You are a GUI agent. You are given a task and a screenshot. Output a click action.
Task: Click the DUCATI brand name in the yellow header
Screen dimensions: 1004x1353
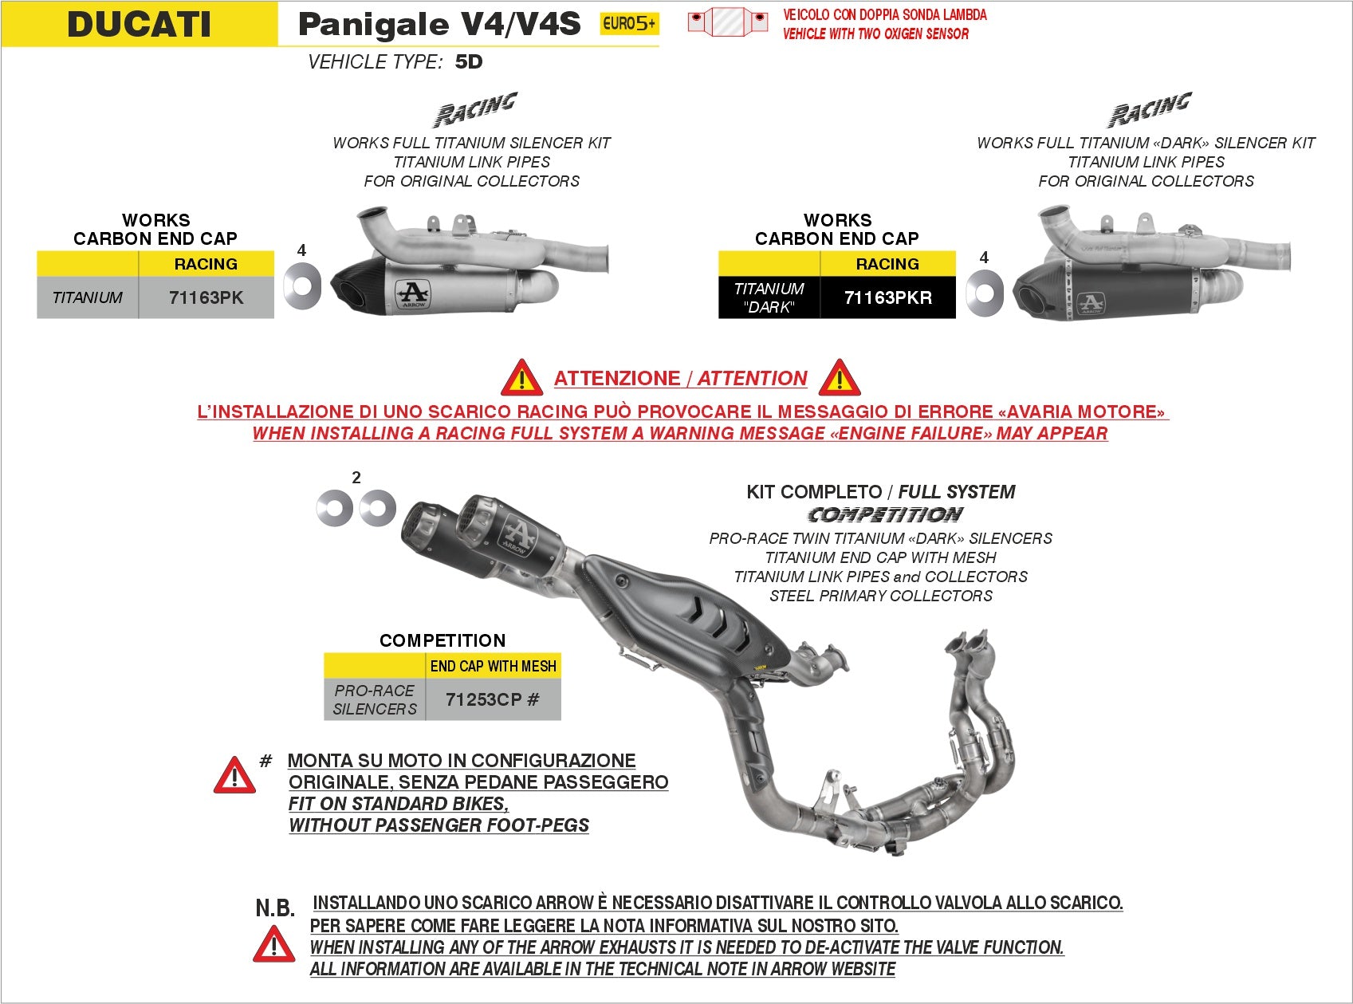coord(140,24)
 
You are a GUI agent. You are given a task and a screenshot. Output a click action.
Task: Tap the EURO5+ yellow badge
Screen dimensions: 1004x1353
coord(629,24)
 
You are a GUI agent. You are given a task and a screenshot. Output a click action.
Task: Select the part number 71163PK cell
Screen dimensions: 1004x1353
coord(206,297)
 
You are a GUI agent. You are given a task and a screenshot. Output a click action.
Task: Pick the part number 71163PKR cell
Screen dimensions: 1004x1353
coord(887,297)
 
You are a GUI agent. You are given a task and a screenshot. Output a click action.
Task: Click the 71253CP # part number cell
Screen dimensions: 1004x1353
coord(493,699)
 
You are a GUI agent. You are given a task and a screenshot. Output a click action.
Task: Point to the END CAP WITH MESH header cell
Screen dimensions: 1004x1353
coord(493,666)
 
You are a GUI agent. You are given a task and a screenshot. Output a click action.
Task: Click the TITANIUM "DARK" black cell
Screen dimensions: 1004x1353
coord(769,297)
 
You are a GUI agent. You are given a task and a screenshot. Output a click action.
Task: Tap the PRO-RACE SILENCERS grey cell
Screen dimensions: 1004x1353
coord(375,699)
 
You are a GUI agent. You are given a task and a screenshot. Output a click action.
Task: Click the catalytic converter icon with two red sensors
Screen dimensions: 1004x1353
coord(727,22)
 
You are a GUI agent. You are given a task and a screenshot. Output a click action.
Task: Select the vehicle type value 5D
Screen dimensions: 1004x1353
coord(469,62)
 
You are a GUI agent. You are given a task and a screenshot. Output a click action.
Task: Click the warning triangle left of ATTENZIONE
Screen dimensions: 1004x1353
coord(521,378)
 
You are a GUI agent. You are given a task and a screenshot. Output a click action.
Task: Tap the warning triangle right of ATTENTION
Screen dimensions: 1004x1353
coord(840,378)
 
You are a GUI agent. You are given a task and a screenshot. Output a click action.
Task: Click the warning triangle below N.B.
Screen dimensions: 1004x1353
coord(273,945)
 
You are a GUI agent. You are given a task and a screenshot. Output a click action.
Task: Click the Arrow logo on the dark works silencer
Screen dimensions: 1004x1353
coord(1090,304)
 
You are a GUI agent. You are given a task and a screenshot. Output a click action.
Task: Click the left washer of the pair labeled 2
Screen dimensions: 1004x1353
coord(334,508)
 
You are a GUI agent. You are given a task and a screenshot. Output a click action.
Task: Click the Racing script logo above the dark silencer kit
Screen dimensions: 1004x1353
coord(1149,110)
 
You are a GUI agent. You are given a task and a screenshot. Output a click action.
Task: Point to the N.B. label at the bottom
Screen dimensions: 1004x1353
coord(275,908)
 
